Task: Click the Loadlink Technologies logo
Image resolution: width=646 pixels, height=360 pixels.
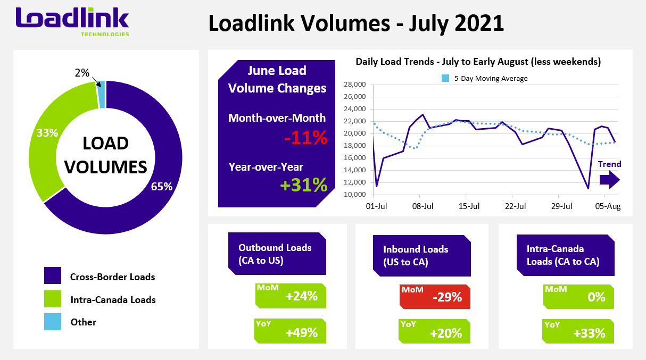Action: [72, 21]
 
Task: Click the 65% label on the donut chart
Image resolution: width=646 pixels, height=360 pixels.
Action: [162, 187]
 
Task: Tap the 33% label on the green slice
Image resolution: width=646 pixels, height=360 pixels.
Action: [47, 133]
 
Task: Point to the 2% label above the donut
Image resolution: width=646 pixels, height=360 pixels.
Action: [82, 73]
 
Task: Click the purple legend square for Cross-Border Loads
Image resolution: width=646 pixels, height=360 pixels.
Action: [53, 276]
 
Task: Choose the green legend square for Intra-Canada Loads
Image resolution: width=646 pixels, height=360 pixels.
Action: [53, 299]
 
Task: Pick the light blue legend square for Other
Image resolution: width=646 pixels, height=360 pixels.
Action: [53, 321]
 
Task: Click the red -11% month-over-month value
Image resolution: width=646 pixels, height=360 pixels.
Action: [305, 138]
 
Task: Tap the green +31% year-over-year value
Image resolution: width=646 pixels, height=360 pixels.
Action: [304, 184]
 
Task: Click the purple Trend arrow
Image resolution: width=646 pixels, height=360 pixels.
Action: [609, 180]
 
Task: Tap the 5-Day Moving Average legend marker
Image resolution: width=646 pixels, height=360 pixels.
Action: [445, 78]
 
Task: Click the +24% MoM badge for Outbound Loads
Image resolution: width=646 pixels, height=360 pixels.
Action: [291, 296]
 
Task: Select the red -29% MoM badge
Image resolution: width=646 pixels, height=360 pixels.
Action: [435, 297]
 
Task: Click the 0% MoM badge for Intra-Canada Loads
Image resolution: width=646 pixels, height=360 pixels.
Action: [578, 297]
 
